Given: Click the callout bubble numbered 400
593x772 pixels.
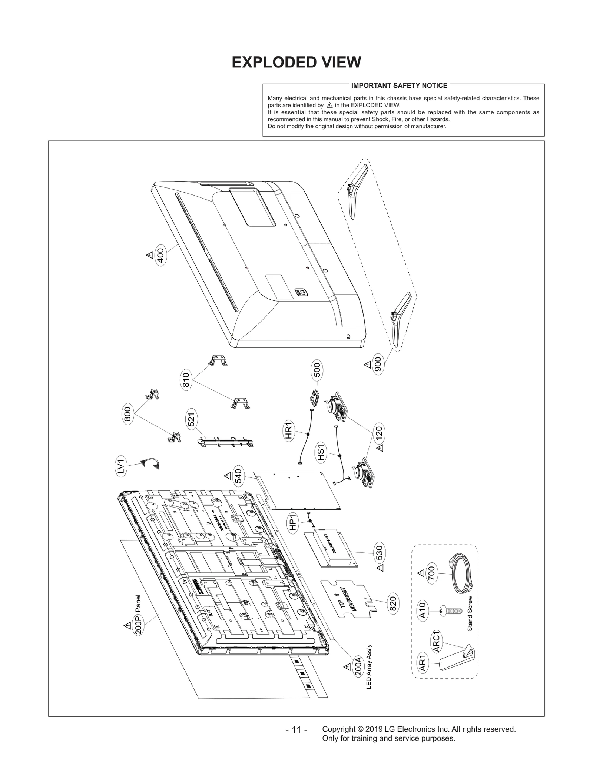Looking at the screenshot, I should point(160,254).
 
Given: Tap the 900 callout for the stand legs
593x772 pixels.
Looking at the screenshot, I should point(378,365).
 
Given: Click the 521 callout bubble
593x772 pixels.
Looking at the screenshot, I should point(192,421).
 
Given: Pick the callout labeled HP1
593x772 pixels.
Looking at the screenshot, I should point(293,523).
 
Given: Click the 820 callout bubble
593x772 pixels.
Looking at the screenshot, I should point(393,604).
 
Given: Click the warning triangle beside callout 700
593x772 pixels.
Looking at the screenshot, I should point(421,573).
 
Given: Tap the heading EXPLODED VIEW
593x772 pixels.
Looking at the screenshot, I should point(296,63).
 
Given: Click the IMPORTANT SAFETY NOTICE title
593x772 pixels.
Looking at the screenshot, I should point(399,86).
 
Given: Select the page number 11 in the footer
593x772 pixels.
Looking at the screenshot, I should point(296,730).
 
